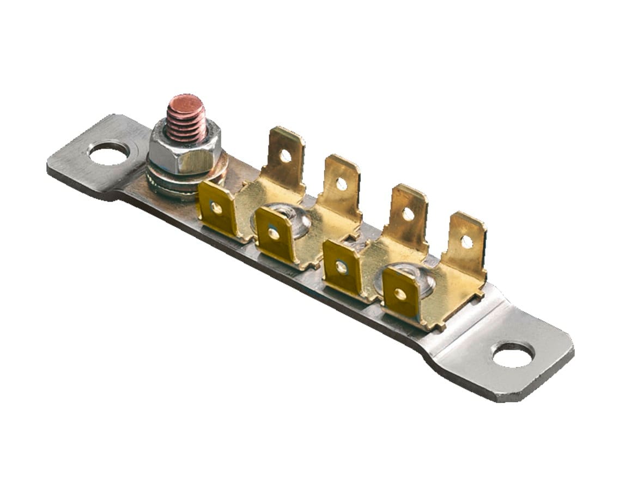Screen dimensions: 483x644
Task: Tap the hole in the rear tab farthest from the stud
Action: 467,241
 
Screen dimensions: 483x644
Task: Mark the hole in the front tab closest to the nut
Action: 217,207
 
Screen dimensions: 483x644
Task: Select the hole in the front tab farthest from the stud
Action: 400,294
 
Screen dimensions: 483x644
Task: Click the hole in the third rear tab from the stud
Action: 408,214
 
